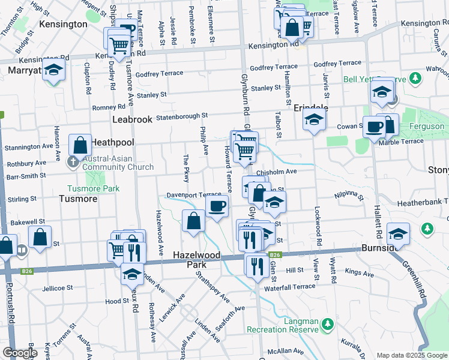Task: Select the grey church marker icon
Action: [73, 161]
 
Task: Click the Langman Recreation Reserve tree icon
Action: [328, 325]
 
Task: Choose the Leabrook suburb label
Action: [132, 119]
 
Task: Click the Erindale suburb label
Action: [311, 107]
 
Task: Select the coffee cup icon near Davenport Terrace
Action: [217, 206]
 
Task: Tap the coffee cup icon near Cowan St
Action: [374, 127]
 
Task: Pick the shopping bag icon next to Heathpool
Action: [80, 145]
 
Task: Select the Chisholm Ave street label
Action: [277, 172]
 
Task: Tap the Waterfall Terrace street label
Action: [289, 287]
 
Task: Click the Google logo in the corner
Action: [20, 353]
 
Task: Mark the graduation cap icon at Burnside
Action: [397, 233]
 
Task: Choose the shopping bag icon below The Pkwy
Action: [194, 221]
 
